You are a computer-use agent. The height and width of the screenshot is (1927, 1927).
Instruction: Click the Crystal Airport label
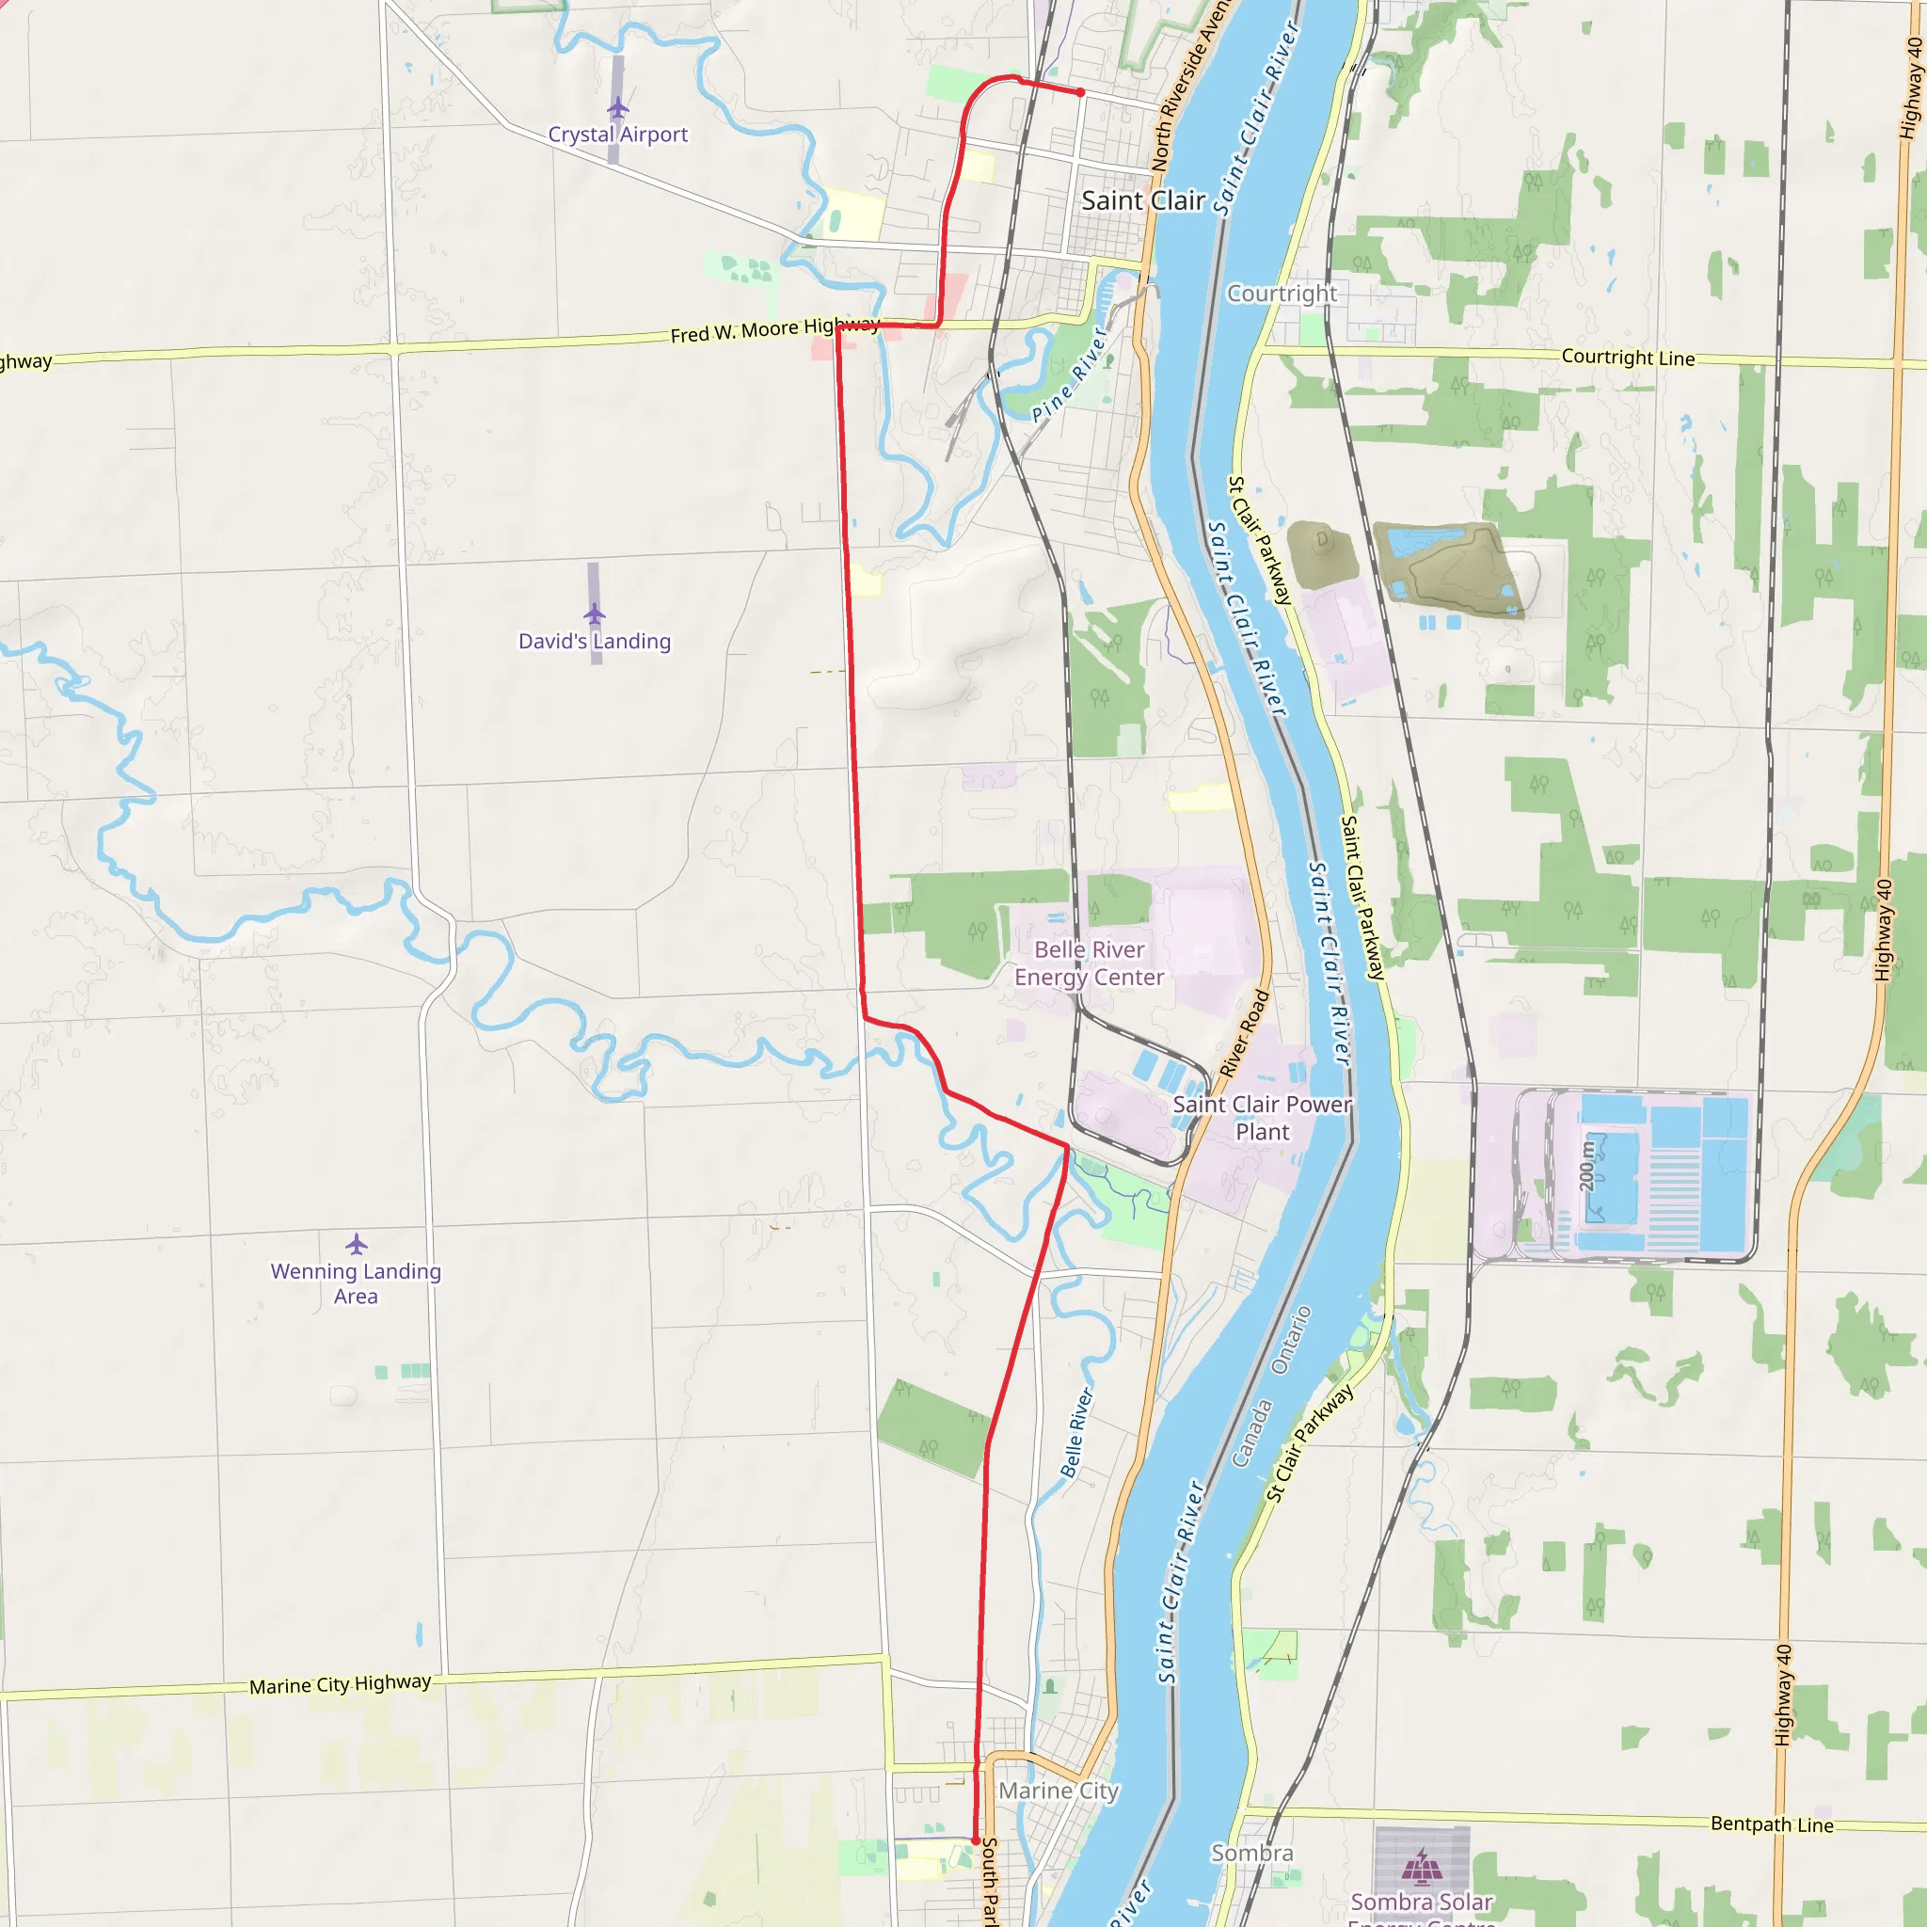pos(617,135)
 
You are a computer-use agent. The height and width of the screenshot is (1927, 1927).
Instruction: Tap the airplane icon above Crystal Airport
pos(617,107)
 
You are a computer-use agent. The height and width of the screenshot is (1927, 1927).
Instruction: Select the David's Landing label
pos(595,642)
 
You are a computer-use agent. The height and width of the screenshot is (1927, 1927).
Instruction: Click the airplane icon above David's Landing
pos(595,613)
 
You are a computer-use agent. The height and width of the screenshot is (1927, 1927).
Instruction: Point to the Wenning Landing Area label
pos(356,1283)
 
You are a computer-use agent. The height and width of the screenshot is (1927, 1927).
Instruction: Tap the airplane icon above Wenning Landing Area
pos(356,1244)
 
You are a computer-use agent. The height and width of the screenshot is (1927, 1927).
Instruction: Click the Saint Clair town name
pos(1143,200)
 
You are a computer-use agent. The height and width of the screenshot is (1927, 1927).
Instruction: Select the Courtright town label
pos(1282,294)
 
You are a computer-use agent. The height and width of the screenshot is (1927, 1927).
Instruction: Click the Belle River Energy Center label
pos(1090,963)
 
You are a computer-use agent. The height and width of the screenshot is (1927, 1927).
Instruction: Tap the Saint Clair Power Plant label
pos(1262,1118)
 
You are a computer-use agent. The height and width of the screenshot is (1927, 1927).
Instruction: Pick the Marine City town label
pos(1059,1791)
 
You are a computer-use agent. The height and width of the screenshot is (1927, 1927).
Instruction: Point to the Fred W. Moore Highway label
pos(774,329)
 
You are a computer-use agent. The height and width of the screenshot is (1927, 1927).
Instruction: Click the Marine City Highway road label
pos(340,1684)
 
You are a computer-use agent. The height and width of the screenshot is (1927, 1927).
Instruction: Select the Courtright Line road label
pos(1628,357)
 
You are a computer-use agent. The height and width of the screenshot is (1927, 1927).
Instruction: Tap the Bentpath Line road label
pos(1772,1824)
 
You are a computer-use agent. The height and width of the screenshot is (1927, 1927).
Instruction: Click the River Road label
pos(1245,1033)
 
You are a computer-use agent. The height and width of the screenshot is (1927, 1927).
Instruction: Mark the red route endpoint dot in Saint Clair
pos(1080,93)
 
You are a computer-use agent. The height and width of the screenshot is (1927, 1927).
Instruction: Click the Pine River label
pos(1069,375)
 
